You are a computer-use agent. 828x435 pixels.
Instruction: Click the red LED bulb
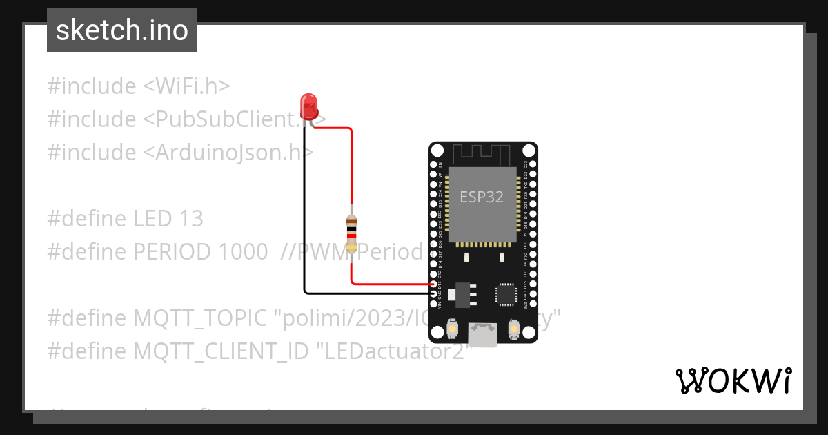[x=309, y=106]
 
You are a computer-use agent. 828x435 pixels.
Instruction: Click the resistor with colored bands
[x=352, y=232]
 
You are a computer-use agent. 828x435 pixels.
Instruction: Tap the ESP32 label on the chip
[x=482, y=197]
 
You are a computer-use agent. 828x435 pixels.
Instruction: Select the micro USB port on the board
[x=482, y=335]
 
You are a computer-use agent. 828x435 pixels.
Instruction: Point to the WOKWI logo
[x=733, y=380]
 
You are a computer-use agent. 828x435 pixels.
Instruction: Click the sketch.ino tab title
[x=122, y=30]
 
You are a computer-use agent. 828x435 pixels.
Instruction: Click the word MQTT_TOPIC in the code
[x=199, y=318]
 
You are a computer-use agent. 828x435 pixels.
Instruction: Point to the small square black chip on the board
[x=506, y=294]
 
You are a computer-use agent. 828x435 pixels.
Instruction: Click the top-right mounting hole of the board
[x=529, y=151]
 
